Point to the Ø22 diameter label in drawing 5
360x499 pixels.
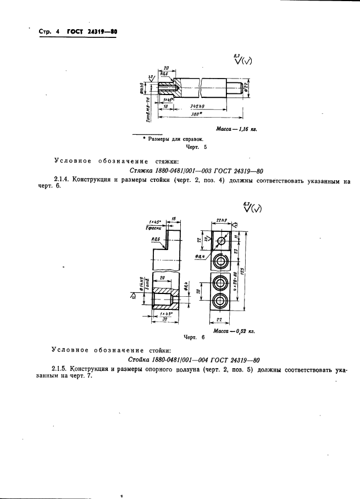tap(247, 87)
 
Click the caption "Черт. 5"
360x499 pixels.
tap(196, 147)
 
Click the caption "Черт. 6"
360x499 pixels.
tap(182, 337)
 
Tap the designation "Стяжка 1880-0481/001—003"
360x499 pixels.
tap(164, 170)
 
